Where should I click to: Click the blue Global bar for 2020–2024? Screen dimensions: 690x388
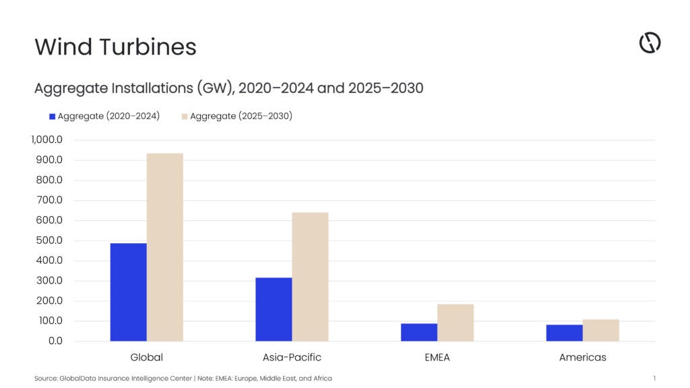click(129, 292)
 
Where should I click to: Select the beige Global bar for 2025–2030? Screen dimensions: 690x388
click(164, 247)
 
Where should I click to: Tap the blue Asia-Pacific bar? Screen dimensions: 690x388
click(274, 309)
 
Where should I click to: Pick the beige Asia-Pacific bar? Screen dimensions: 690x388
click(310, 277)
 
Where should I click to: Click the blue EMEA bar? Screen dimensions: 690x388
click(419, 332)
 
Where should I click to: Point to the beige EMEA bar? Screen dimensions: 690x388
click(456, 323)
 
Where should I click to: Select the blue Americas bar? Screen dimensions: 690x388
click(565, 333)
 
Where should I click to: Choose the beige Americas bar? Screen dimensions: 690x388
click(600, 330)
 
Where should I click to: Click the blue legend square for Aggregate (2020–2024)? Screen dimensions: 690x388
click(53, 117)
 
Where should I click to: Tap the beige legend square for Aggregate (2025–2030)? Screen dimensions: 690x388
click(185, 117)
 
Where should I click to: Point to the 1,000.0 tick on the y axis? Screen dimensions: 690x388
click(46, 140)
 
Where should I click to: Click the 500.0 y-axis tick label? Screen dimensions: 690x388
click(49, 240)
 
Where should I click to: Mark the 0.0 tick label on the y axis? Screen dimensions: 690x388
click(55, 341)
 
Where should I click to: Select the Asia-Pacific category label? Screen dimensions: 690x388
click(292, 357)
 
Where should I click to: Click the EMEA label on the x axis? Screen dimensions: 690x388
click(437, 357)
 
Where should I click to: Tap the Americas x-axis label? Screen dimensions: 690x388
click(583, 357)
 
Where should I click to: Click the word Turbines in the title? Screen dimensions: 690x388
click(148, 46)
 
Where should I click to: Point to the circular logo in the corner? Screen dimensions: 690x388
click(650, 42)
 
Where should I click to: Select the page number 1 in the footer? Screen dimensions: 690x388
click(654, 379)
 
